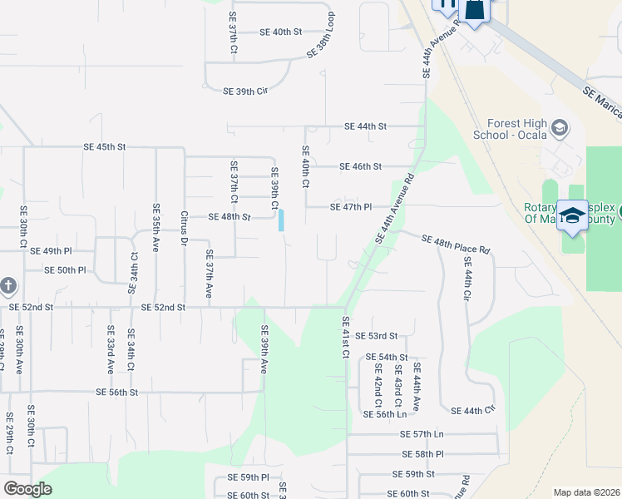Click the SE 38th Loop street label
(321, 35)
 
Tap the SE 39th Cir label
(246, 91)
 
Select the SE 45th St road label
(105, 146)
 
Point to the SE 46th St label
(360, 166)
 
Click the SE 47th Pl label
(350, 207)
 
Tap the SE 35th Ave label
(155, 227)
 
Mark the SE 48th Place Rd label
(456, 245)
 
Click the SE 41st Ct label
(344, 337)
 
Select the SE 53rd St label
(377, 336)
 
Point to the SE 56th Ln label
(384, 413)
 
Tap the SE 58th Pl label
(422, 454)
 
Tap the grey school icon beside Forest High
(560, 128)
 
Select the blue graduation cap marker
(573, 215)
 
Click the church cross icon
(7, 285)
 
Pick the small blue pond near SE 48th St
(281, 220)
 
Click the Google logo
(28, 489)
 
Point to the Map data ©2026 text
(586, 492)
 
